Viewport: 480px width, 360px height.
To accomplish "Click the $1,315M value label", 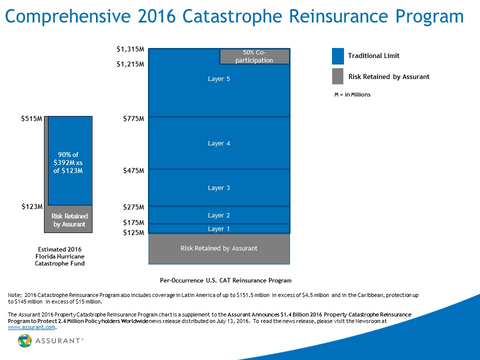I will tap(130, 49).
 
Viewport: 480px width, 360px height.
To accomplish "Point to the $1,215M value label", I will tap(130, 64).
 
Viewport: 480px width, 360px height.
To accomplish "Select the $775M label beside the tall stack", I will tap(134, 118).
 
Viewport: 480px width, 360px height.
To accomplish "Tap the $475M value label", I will tap(134, 170).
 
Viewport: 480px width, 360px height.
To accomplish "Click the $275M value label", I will tap(134, 206).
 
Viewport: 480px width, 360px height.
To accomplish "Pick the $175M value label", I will tap(134, 222).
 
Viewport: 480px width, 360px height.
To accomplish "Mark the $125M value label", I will tap(134, 232).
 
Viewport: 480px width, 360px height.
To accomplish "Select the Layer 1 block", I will tap(219, 228).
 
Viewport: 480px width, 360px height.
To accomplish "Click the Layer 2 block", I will tap(219, 215).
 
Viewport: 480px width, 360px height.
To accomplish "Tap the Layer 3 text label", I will tap(219, 187).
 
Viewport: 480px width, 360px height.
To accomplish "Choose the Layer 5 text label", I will tap(219, 78).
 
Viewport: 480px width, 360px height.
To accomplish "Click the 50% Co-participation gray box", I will tap(254, 56).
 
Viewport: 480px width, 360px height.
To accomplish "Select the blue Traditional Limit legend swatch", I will tap(338, 56).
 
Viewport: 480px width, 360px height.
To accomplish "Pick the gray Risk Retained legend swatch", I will tap(338, 76).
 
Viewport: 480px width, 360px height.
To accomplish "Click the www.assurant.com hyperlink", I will tap(32, 328).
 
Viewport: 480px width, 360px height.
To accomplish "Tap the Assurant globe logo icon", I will tap(25, 340).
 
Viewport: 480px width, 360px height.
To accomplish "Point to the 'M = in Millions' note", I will tap(352, 94).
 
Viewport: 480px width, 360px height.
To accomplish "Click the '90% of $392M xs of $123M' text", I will tap(68, 162).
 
